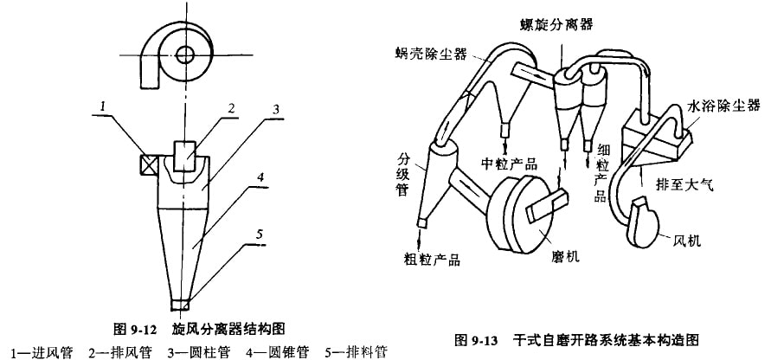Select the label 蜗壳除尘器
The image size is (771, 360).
point(429,55)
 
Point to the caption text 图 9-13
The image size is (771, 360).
point(485,338)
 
